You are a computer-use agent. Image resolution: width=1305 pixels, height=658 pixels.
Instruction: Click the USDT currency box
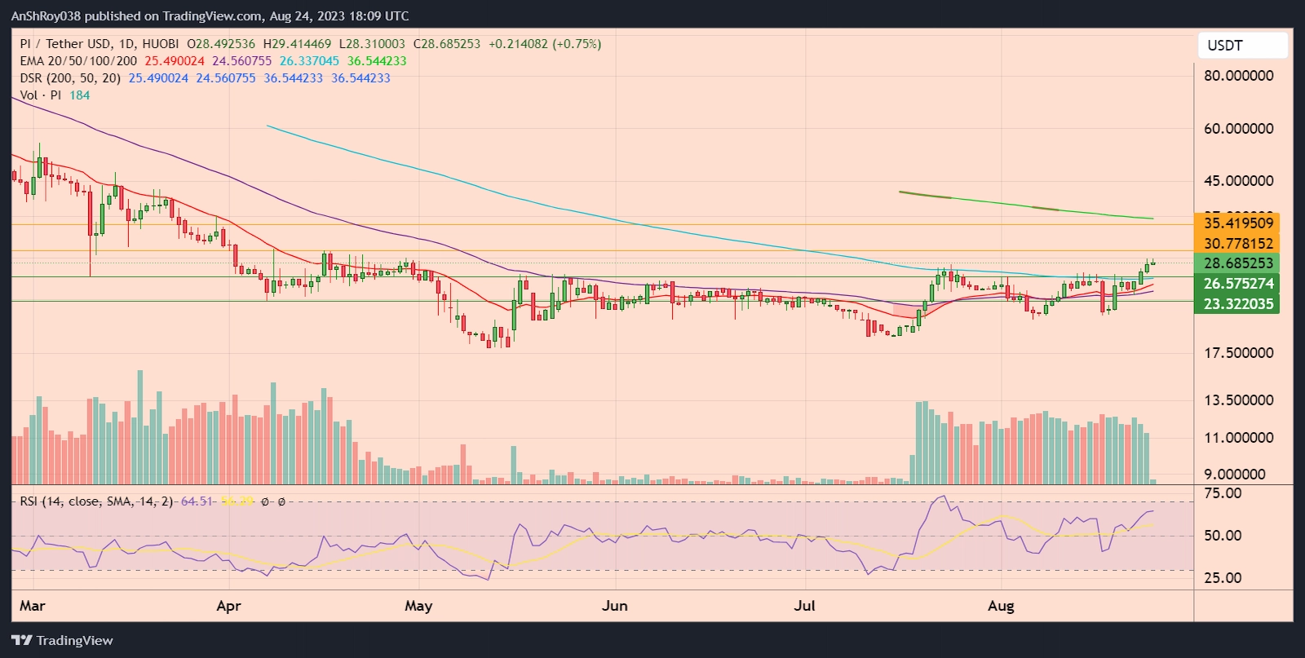click(1241, 46)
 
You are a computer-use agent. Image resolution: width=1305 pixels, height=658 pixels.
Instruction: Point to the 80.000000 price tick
click(1238, 76)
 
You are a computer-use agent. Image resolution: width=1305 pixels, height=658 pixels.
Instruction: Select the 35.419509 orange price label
click(1238, 223)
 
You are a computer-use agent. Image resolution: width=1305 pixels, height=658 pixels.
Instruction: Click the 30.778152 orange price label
click(1238, 243)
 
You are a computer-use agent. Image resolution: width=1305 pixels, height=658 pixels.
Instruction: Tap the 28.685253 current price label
click(1238, 263)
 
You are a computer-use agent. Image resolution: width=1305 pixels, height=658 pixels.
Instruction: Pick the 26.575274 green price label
click(1238, 284)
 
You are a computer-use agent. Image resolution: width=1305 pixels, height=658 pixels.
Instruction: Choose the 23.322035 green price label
click(1238, 304)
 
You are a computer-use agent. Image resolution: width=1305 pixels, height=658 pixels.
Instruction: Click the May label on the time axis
click(418, 606)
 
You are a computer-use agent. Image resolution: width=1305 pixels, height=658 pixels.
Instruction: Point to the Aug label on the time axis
click(1001, 606)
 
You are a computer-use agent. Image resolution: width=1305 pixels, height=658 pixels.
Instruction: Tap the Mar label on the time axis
click(33, 606)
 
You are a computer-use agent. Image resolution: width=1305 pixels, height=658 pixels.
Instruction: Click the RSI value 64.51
click(197, 501)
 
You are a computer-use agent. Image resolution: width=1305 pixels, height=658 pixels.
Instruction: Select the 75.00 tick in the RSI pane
click(1223, 493)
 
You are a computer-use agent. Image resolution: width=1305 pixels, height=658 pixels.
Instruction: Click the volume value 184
click(80, 95)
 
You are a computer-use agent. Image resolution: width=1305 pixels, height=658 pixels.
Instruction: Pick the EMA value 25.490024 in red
click(175, 61)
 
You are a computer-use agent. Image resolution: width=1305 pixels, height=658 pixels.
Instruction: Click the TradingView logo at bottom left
click(62, 641)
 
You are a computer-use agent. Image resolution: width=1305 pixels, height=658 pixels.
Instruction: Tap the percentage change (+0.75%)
click(577, 44)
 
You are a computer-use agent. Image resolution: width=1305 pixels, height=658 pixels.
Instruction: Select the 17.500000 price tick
click(1238, 353)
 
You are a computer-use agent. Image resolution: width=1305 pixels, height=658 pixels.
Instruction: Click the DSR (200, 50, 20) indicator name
click(70, 78)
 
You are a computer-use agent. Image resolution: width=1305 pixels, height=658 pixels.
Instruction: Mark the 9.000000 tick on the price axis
click(1235, 475)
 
